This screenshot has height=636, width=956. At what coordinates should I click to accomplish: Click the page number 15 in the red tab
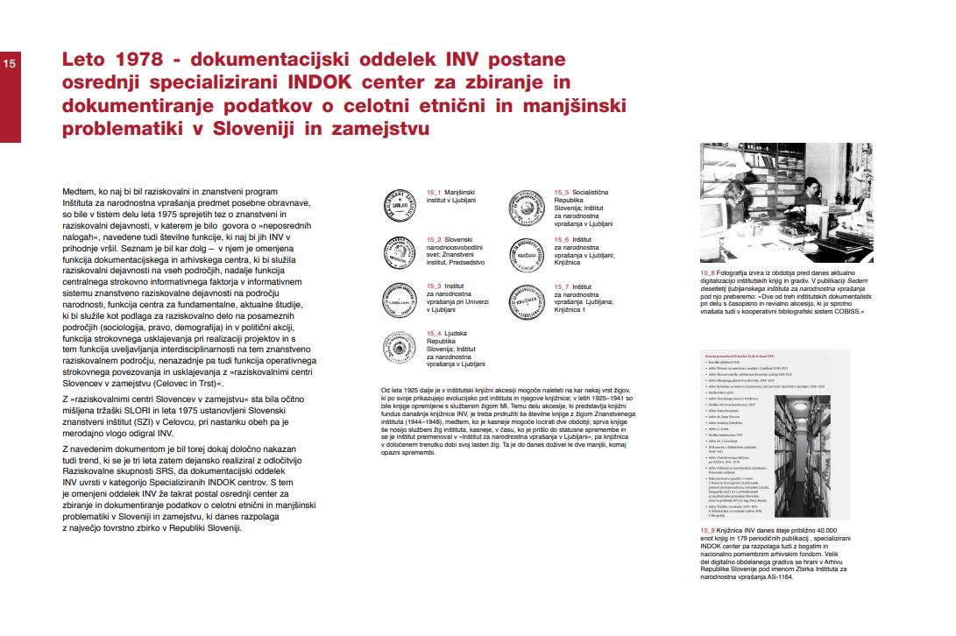click(9, 64)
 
